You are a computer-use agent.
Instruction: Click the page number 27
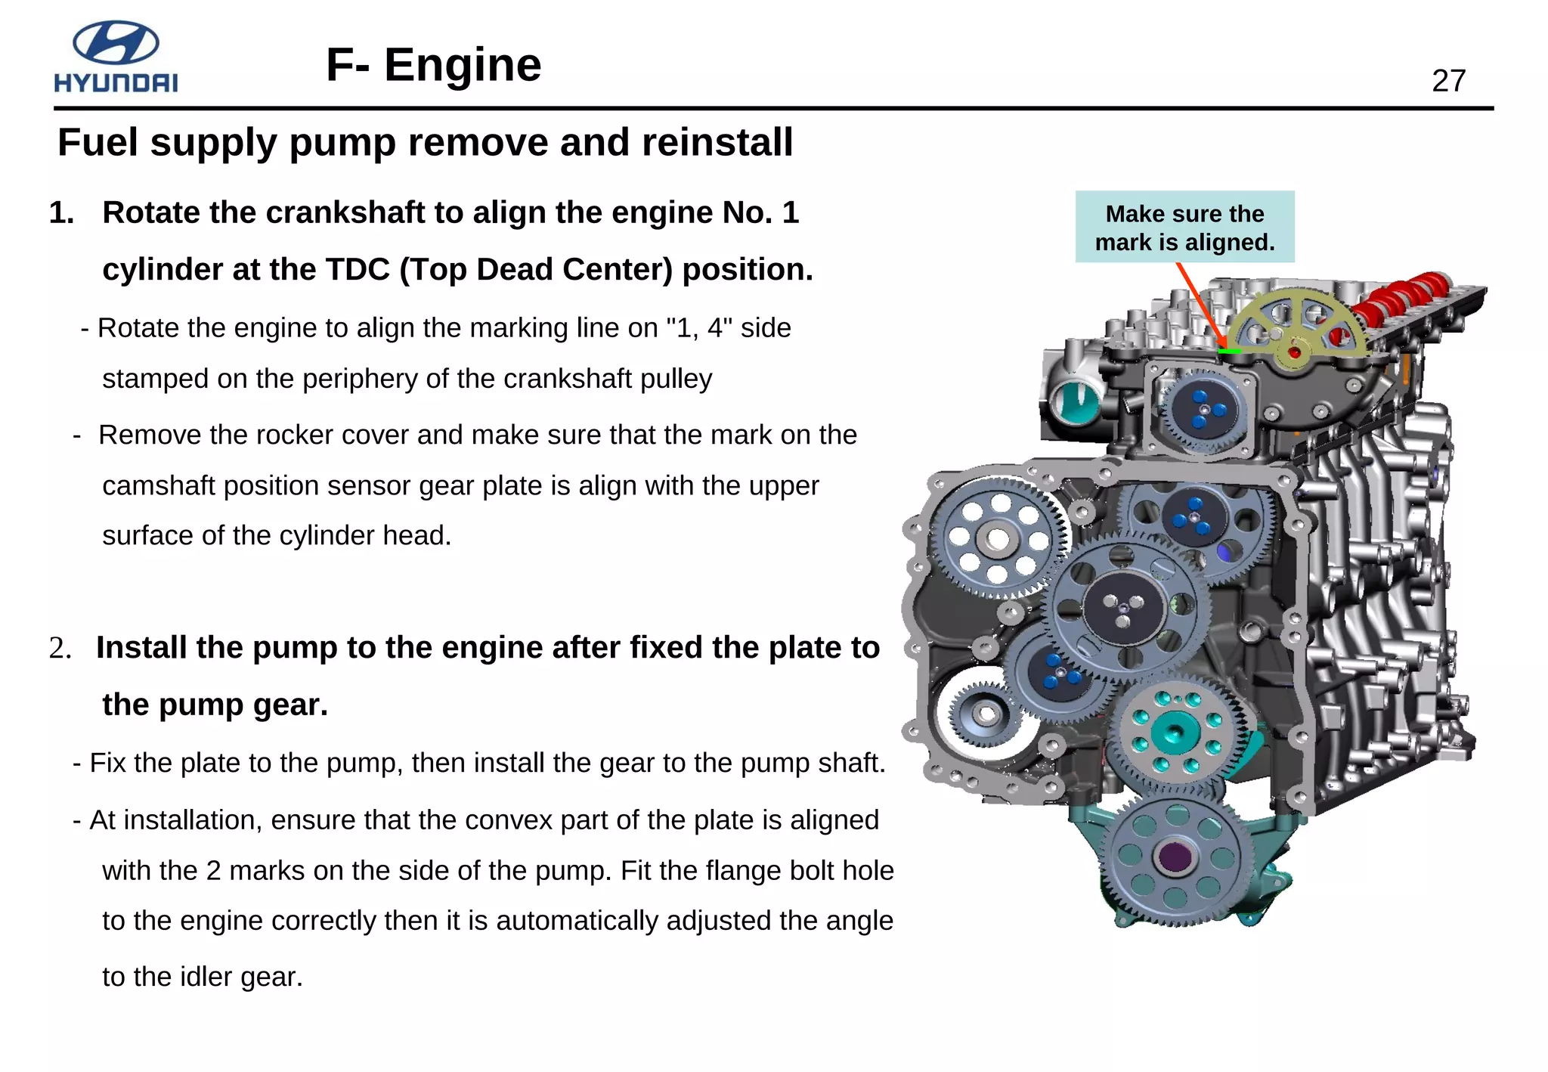(1448, 81)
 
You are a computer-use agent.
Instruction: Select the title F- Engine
(433, 65)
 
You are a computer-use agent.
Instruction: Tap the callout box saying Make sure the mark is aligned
(1184, 227)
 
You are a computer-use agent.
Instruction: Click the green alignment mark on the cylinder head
(1230, 352)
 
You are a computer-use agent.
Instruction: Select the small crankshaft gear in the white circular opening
(984, 713)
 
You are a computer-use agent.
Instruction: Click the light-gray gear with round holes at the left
(998, 538)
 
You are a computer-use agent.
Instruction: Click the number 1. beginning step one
(62, 213)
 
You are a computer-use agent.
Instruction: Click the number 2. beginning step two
(60, 649)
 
